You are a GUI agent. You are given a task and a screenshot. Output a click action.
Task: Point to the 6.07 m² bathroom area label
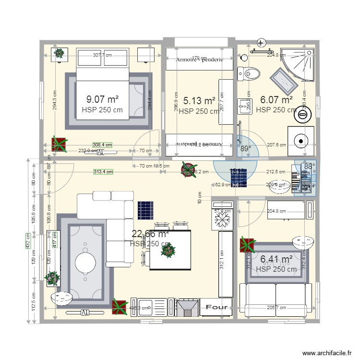point(276,100)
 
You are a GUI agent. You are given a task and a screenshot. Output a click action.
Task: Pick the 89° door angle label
point(246,149)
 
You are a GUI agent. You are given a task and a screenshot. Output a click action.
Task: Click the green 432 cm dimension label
point(28,241)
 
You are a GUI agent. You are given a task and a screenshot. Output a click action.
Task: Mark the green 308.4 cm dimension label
point(102,144)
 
